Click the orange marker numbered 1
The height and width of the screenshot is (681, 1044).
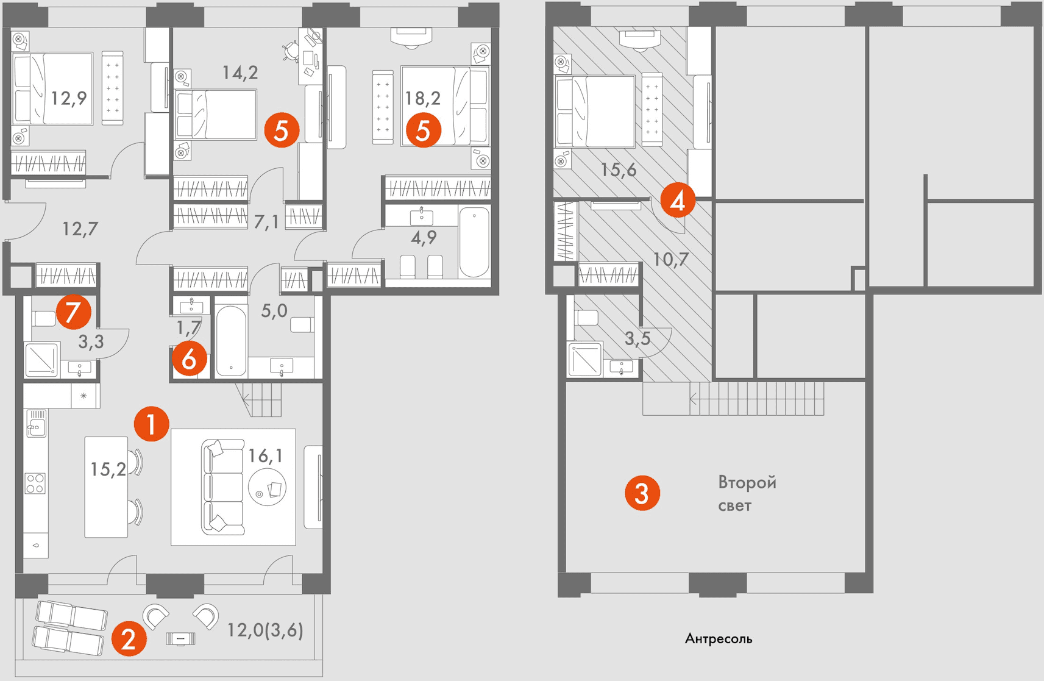point(152,424)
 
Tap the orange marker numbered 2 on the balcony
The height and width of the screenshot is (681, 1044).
point(129,638)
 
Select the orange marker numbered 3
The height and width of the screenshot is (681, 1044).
point(642,493)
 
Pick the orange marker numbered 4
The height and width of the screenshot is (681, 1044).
point(678,200)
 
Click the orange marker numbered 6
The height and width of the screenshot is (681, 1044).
point(189,359)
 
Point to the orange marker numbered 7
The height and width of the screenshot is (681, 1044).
point(74,312)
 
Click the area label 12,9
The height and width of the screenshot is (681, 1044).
point(68,98)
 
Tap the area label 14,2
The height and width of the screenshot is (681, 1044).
point(240,73)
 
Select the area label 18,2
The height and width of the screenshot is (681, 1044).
point(423,98)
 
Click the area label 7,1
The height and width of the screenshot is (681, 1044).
point(266,222)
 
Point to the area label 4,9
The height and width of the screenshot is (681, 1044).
point(424,238)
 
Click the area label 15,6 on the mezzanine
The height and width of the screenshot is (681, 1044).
point(619,169)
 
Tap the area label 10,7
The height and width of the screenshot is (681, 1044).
point(670,258)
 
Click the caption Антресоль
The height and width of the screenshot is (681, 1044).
point(718,638)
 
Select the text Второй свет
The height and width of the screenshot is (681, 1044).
point(747,494)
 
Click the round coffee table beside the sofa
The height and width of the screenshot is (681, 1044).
point(267,487)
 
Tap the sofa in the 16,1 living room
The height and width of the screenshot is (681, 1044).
point(223,487)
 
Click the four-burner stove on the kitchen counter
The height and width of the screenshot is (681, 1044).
point(35,483)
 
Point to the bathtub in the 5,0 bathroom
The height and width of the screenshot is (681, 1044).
point(231,340)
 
